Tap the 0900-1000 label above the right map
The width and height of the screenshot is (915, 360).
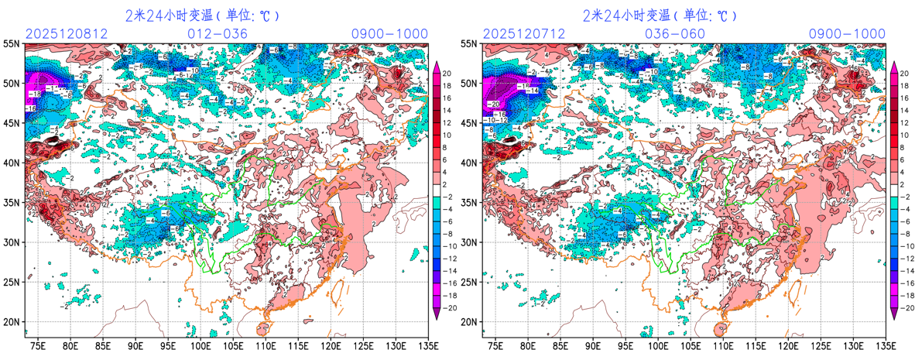[x=847, y=34]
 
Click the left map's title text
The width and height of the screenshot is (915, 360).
[x=202, y=15]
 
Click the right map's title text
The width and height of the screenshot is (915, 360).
[x=660, y=15]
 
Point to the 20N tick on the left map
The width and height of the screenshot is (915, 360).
[x=12, y=322]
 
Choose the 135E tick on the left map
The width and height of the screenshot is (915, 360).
[x=427, y=345]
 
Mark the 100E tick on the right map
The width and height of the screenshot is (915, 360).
[x=658, y=345]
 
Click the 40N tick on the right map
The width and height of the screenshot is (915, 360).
[x=470, y=163]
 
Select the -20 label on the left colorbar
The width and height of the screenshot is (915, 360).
[x=447, y=308]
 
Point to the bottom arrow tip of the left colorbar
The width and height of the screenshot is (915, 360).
[x=436, y=317]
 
